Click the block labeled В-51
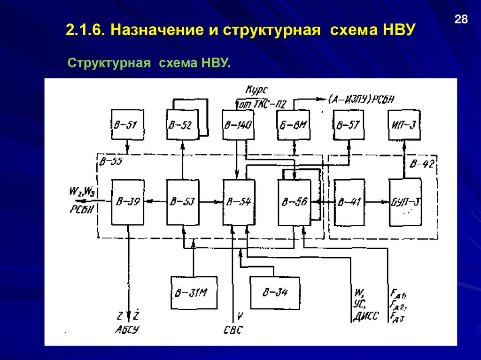coord(127,124)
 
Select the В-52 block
coord(182,124)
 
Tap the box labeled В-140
coord(238,124)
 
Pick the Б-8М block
coord(294,124)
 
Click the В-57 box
coord(348,124)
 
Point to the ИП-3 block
coord(403,124)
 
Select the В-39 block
coord(127,202)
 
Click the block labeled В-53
coord(183,202)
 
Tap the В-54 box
coord(239,202)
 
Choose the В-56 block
coord(294,202)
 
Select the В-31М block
coord(194,292)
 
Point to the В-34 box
coord(275,292)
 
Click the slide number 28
coord(461,20)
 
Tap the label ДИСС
coord(365,316)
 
